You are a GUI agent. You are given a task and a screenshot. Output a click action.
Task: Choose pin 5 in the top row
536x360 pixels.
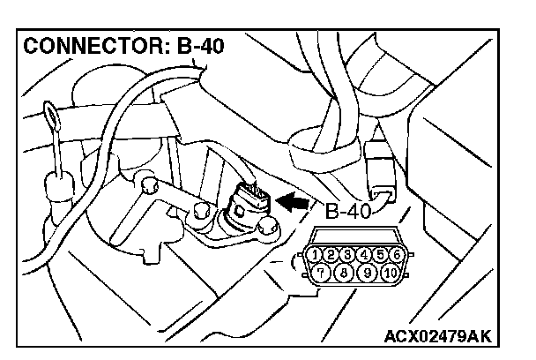pos(380,255)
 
